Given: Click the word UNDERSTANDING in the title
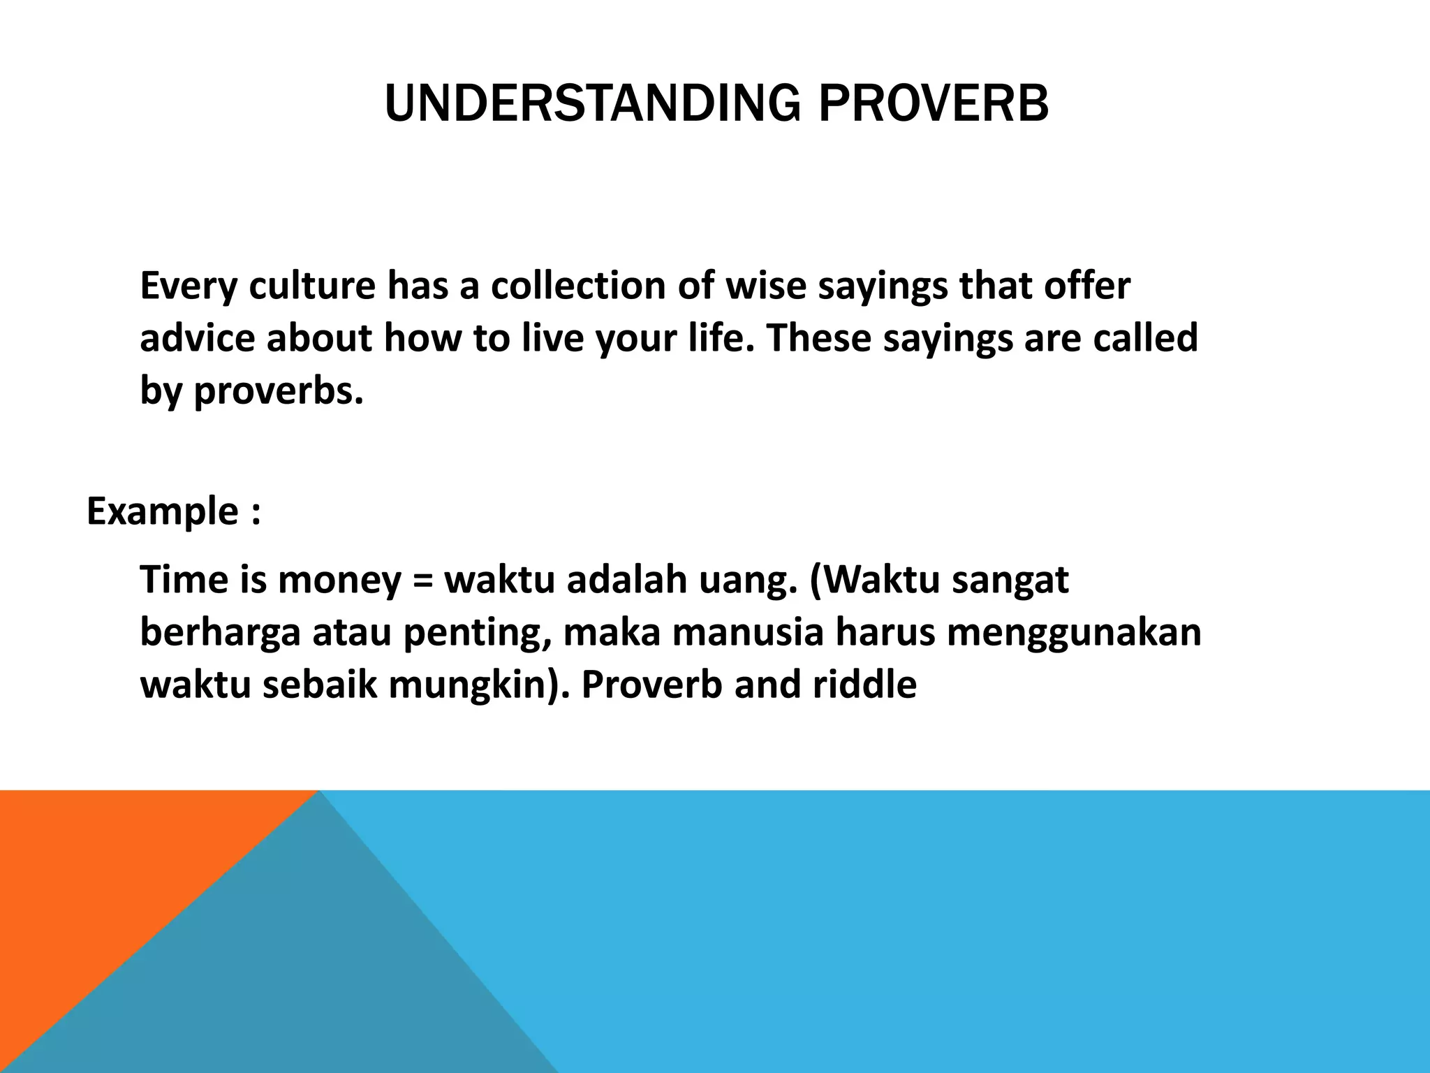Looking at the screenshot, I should pyautogui.click(x=592, y=103).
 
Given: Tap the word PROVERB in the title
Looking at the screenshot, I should pyautogui.click(x=933, y=103).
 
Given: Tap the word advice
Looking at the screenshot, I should pyautogui.click(x=197, y=339).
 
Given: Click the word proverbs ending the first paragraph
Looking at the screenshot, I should pyautogui.click(x=278, y=391).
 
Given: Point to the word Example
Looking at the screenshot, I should pyautogui.click(x=162, y=511).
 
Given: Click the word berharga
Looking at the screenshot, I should pyautogui.click(x=220, y=633).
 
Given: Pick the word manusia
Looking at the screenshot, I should pyautogui.click(x=747, y=633).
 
